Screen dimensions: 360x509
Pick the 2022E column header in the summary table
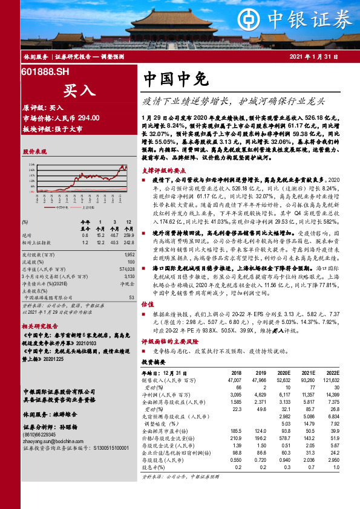(331, 374)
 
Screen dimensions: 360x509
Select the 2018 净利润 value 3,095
(233, 394)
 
